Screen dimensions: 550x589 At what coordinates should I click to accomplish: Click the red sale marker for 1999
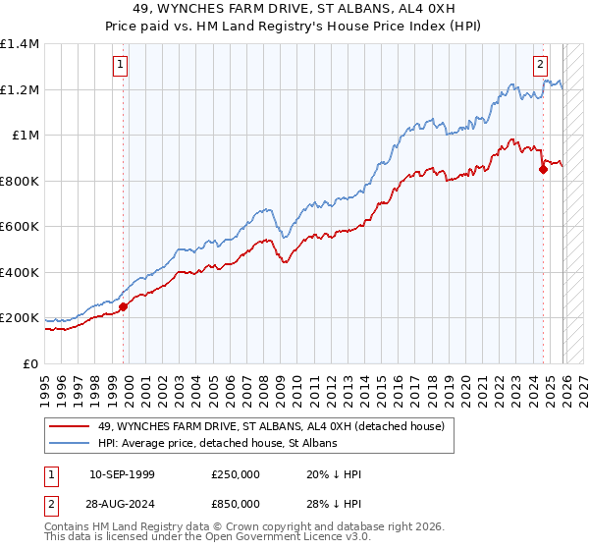pyautogui.click(x=124, y=306)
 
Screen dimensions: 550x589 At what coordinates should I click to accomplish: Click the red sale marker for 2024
pyautogui.click(x=543, y=170)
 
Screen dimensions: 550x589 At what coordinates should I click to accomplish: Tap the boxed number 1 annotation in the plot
pyautogui.click(x=120, y=66)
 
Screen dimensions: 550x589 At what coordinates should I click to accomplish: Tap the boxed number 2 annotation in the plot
pyautogui.click(x=540, y=66)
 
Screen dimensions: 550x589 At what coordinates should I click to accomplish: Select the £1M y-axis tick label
pyautogui.click(x=25, y=136)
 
